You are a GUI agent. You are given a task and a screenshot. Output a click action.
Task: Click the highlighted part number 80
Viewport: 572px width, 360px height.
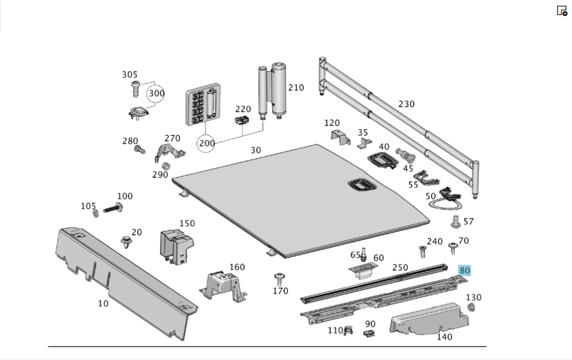464,271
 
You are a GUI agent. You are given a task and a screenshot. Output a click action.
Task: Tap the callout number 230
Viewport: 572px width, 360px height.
406,104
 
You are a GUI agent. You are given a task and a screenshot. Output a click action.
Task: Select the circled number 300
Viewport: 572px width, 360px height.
156,93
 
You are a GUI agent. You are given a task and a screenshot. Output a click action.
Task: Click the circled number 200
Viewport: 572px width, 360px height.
207,143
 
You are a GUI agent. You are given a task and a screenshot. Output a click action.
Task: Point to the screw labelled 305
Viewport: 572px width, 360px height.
136,88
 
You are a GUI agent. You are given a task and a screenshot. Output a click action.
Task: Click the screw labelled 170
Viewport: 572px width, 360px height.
279,279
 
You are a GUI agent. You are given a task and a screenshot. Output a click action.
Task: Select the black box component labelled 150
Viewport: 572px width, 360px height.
175,246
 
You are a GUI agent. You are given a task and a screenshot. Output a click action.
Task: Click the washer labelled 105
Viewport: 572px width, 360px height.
96,213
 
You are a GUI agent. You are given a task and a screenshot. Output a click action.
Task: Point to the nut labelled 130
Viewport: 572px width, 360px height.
472,308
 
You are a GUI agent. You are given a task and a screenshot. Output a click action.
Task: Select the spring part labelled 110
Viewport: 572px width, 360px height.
347,330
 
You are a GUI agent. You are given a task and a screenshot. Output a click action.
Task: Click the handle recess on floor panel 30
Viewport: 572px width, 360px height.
360,185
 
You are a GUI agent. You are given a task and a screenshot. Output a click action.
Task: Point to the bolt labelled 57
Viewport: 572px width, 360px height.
456,221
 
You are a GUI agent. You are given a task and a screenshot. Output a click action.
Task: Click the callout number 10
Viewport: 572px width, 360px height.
103,303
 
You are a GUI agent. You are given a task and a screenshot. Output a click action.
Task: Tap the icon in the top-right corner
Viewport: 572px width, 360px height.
562,10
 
